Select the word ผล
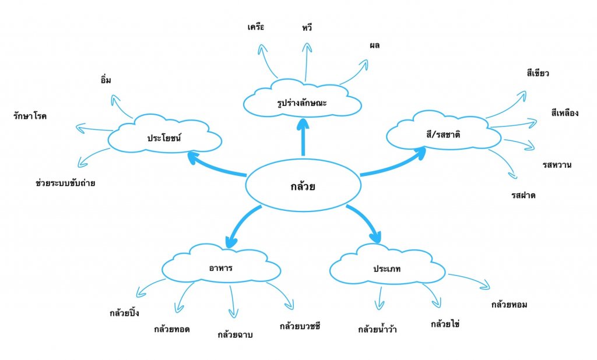click(x=374, y=45)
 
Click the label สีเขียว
click(x=538, y=73)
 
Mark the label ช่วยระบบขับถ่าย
click(x=65, y=183)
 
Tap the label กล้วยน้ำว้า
click(x=378, y=329)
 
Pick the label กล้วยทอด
click(x=172, y=329)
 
